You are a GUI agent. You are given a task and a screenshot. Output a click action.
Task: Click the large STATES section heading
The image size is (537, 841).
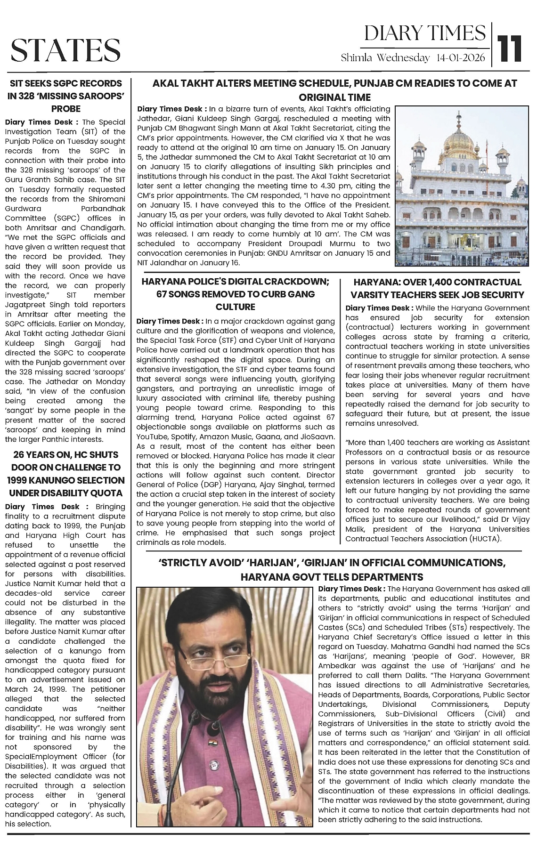(x=65, y=50)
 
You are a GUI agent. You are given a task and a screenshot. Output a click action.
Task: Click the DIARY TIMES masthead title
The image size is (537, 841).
(x=425, y=33)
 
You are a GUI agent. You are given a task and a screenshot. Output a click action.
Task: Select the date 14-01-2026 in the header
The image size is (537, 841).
(x=461, y=58)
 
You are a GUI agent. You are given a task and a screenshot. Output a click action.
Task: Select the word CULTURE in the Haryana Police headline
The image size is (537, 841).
(x=236, y=307)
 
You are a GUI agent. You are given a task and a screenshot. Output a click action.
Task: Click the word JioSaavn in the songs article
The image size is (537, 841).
(x=319, y=437)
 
